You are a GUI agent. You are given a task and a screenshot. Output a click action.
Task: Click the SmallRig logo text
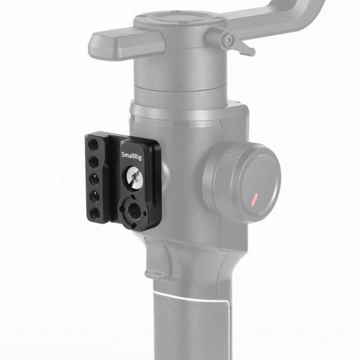coord(132,154)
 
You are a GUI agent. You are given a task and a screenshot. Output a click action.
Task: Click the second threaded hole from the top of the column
coord(94,162)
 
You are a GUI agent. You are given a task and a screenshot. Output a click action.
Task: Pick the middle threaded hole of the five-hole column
coord(95,179)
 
